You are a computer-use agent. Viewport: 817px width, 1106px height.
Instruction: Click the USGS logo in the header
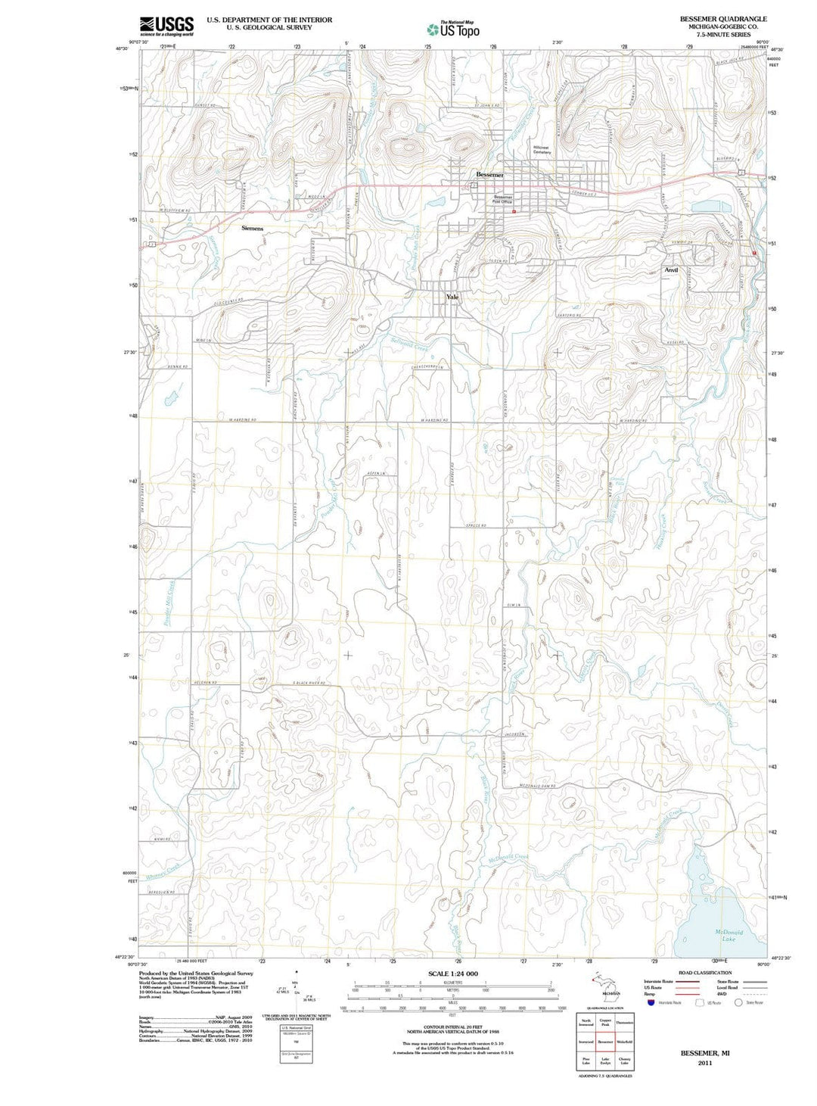point(166,26)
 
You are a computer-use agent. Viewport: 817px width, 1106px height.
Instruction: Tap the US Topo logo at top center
point(452,30)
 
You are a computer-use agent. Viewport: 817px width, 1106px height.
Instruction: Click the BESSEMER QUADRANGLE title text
point(722,19)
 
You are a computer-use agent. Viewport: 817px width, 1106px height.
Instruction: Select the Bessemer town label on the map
point(489,175)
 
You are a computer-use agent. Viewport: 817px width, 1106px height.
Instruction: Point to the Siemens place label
point(252,228)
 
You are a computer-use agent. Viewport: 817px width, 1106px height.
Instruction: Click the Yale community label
point(452,297)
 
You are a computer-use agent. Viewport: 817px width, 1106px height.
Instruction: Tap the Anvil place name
point(671,270)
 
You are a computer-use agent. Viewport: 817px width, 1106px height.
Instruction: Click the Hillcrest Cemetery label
point(542,150)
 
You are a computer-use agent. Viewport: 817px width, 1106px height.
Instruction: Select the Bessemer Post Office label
point(503,199)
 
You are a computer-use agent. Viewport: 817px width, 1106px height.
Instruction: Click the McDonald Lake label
point(728,936)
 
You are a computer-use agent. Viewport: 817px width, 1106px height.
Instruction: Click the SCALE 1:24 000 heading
point(453,974)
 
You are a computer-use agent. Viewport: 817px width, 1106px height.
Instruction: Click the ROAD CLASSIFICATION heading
point(705,973)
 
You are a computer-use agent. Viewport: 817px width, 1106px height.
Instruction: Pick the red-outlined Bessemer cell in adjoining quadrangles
point(605,1042)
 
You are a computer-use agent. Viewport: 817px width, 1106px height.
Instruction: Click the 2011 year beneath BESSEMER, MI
point(705,1063)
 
